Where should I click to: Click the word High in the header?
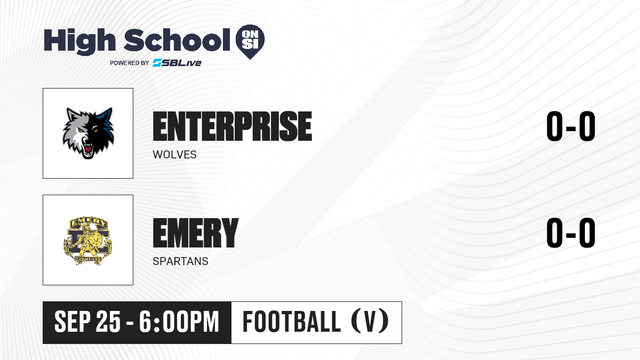click(x=79, y=42)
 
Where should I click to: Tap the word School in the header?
click(x=177, y=39)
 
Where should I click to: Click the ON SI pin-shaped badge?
click(x=250, y=42)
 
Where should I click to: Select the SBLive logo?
click(x=177, y=62)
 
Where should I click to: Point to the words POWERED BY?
click(x=130, y=63)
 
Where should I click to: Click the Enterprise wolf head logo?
click(x=88, y=133)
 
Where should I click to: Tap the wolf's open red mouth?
click(x=89, y=149)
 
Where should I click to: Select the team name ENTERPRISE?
click(x=233, y=126)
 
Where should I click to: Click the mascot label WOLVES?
click(x=174, y=155)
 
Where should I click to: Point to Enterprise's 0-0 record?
click(x=571, y=126)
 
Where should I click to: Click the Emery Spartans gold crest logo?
click(x=87, y=241)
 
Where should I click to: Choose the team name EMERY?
click(x=196, y=233)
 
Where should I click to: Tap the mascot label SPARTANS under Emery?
click(x=181, y=261)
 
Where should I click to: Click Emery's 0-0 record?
click(x=571, y=233)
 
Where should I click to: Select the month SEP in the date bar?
click(x=73, y=322)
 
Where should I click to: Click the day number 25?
click(x=108, y=322)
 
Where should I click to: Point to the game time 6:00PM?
click(x=179, y=322)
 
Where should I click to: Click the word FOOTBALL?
click(x=291, y=322)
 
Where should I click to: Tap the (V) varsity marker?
click(x=370, y=322)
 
